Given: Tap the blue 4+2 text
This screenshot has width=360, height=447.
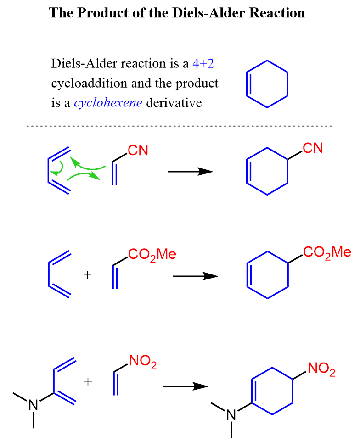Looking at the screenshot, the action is (203, 63).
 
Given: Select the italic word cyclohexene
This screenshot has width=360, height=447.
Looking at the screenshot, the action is (108, 103).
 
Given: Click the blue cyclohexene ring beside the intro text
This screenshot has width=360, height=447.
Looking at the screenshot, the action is (267, 84).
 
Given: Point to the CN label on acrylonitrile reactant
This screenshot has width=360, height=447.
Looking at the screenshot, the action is (138, 150).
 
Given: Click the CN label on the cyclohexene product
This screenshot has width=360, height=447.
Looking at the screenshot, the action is (313, 148).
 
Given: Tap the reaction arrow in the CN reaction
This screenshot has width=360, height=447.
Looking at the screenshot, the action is (190, 172).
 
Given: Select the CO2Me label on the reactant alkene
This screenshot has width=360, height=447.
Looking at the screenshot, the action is (152, 254).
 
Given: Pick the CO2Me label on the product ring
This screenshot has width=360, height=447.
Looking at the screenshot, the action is (327, 252).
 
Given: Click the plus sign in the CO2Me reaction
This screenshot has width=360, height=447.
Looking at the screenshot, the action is (88, 275).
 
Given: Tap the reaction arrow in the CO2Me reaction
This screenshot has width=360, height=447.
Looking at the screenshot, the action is (196, 276).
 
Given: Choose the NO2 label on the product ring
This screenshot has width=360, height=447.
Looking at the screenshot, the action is (321, 369).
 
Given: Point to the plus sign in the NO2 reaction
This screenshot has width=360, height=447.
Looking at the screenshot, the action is (88, 382).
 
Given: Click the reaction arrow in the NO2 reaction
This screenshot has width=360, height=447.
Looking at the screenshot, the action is (185, 386).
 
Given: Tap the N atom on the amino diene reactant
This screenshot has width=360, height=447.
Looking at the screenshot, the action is (34, 405).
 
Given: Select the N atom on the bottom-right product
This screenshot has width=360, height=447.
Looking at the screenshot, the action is (231, 415).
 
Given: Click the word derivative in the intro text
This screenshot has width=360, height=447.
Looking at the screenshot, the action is (174, 103).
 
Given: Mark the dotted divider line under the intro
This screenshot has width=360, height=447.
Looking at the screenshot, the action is (180, 126).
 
